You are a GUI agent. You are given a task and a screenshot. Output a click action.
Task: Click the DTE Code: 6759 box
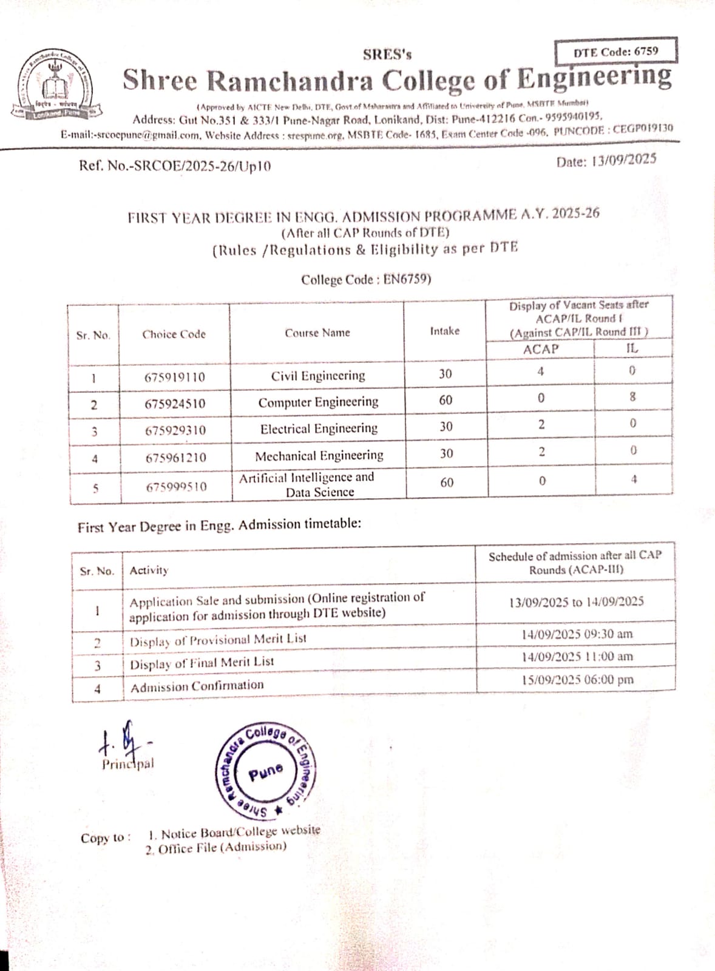point(615,52)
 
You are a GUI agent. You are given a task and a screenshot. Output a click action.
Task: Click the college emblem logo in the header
point(55,86)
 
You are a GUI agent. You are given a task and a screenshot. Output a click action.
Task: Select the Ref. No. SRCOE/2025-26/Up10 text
point(175,165)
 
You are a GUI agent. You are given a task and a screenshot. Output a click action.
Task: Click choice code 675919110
point(175,377)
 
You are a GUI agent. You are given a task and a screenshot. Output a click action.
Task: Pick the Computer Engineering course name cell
point(318,402)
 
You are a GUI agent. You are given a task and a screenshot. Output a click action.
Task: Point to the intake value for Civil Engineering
point(446,374)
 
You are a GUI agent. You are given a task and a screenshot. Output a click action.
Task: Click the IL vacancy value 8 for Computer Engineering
point(632,397)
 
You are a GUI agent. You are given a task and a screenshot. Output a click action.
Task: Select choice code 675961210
point(175,458)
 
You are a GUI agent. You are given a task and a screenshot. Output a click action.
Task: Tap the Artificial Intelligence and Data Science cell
point(307,484)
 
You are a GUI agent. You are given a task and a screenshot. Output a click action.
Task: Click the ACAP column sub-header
point(540,349)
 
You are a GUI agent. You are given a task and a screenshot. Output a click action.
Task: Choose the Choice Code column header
point(174,334)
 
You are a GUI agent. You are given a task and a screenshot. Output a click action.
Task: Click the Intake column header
point(444,331)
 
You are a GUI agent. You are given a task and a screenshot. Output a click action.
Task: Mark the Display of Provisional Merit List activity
point(218,640)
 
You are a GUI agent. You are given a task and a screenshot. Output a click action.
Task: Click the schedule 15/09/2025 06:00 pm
point(577,680)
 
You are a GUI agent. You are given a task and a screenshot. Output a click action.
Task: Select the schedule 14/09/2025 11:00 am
point(577,657)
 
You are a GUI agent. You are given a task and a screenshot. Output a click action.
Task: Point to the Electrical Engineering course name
point(319,429)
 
